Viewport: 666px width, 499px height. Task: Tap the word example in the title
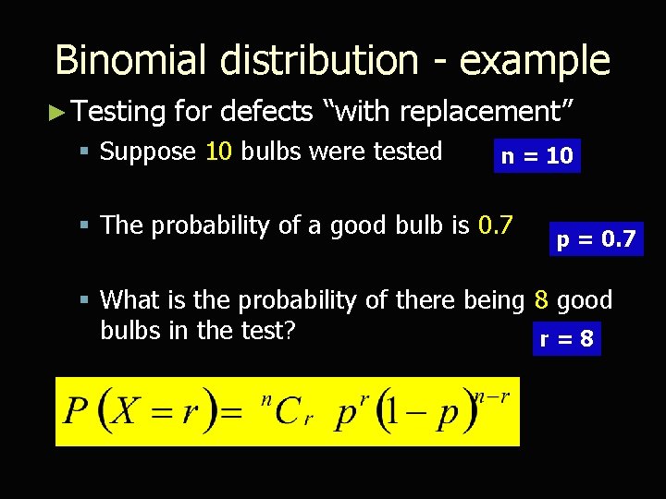(535, 61)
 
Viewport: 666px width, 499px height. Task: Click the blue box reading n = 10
(536, 156)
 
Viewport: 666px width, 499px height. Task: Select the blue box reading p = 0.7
(596, 240)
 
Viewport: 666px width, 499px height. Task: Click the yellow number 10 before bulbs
(218, 152)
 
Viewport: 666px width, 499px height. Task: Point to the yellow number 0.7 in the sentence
(496, 225)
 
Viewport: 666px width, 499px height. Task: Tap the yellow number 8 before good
(541, 300)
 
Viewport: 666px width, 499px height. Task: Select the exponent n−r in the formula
(493, 395)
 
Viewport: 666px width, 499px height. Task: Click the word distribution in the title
(318, 61)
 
